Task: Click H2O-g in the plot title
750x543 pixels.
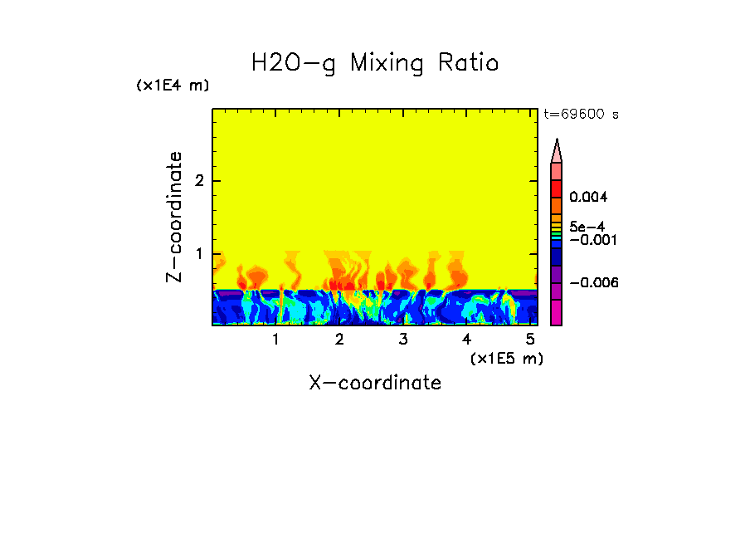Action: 295,63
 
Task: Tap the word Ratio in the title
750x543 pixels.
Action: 470,63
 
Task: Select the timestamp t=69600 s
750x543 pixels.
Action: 581,115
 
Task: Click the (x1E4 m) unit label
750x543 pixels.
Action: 173,86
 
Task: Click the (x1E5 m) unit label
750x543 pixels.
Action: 506,358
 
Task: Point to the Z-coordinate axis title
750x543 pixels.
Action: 174,217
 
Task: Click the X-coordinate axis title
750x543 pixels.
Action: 375,383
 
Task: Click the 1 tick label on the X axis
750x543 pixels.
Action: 275,340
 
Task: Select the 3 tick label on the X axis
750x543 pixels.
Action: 402,340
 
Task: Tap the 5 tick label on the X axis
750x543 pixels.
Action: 529,340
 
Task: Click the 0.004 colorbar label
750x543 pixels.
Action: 588,198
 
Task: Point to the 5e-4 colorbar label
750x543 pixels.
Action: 587,226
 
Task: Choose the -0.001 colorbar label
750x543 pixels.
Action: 592,239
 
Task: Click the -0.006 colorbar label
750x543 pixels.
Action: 592,283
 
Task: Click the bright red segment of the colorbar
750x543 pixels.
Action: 557,188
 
